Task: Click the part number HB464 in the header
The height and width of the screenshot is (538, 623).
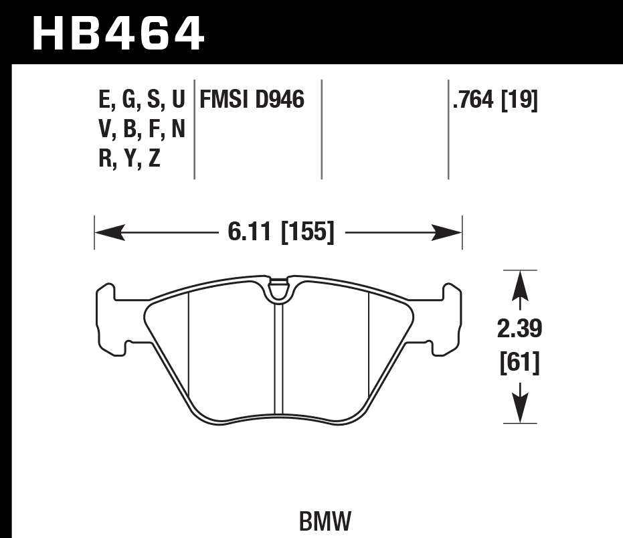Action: coord(118,33)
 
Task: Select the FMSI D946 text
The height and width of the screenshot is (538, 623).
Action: coord(251,100)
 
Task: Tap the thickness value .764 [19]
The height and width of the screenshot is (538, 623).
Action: coord(495,100)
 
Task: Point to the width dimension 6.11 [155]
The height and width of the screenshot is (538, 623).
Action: coord(281,233)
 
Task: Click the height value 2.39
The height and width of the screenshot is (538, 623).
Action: coord(519,329)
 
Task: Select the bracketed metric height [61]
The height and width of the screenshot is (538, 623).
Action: coord(519,365)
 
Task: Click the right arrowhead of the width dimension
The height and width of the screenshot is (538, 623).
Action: coord(448,233)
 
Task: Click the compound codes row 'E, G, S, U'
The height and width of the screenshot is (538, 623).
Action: coord(141,100)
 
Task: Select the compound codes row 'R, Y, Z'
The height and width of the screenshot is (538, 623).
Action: coord(129,159)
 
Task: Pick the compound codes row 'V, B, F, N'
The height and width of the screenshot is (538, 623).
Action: coord(141,130)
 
